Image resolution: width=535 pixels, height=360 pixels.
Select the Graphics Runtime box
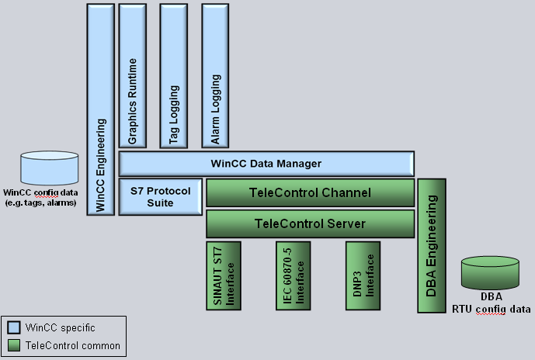(x=132, y=75)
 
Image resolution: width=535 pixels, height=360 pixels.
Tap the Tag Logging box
(x=174, y=75)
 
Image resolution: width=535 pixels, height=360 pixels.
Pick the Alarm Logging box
(x=216, y=75)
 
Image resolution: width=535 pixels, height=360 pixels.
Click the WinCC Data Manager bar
(x=266, y=164)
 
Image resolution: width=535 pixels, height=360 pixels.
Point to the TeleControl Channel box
(x=309, y=192)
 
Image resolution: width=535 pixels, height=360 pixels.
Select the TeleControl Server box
(x=309, y=223)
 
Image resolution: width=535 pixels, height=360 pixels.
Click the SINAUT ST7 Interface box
(x=223, y=275)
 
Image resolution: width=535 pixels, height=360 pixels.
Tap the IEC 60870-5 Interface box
(x=294, y=275)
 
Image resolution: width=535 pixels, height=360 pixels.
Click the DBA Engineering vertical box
(x=432, y=245)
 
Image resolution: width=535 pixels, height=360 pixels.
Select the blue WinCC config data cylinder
(x=50, y=168)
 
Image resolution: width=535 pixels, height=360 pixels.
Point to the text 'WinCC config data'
(x=40, y=192)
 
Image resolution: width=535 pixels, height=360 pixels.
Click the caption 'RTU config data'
(x=492, y=308)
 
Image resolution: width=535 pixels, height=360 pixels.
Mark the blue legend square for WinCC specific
(x=13, y=327)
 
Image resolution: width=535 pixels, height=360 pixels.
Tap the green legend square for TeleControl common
(x=13, y=345)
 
